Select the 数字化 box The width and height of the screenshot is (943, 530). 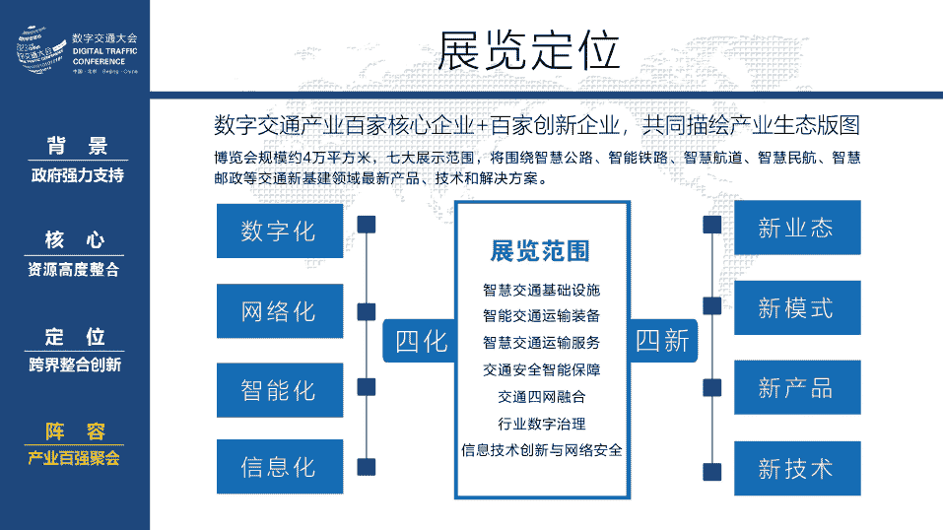tap(279, 232)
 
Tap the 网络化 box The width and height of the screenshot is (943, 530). tap(279, 311)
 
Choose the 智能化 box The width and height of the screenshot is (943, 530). tap(279, 390)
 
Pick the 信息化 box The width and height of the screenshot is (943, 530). tap(279, 467)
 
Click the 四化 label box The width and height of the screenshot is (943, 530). tap(421, 342)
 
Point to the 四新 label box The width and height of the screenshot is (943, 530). tap(662, 342)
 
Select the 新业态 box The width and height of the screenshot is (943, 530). tap(796, 229)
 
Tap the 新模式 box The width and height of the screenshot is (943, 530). tap(796, 308)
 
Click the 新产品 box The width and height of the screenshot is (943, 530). tap(796, 388)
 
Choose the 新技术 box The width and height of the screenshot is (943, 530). tap(796, 468)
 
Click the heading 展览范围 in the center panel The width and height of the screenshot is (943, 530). tap(540, 251)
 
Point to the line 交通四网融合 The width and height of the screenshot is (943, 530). tap(541, 397)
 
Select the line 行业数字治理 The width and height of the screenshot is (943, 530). tap(541, 424)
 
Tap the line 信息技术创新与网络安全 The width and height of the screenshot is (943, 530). tap(541, 450)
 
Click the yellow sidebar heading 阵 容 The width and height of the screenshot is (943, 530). tap(75, 431)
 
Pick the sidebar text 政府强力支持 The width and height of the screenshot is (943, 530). tap(75, 176)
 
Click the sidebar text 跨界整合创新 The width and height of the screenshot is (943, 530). tap(75, 365)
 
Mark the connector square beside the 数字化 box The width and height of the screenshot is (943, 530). tap(367, 226)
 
